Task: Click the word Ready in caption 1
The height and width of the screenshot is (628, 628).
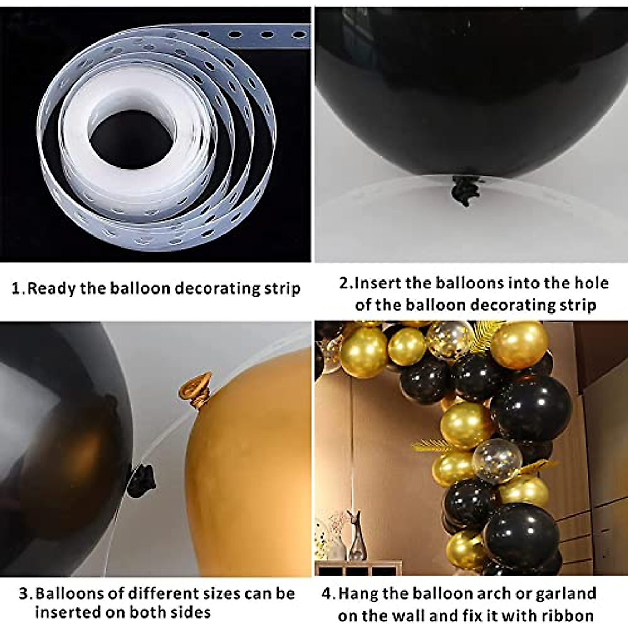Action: (x=52, y=288)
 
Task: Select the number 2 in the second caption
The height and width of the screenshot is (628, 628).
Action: (x=344, y=283)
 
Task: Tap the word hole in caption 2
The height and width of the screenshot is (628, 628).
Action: (x=589, y=283)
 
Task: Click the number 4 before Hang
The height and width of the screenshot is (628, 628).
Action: (x=328, y=593)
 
